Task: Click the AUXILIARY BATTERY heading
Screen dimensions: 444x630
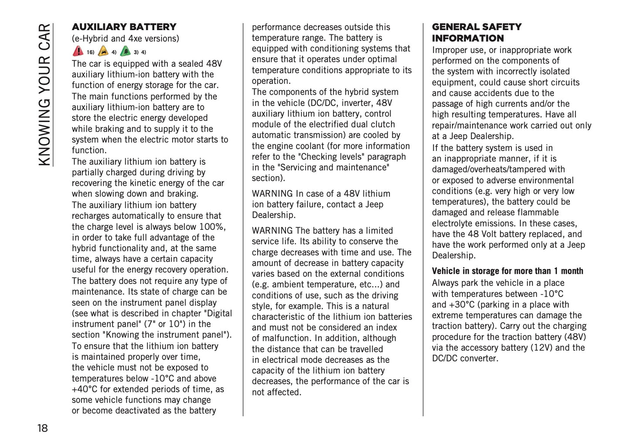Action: (x=124, y=27)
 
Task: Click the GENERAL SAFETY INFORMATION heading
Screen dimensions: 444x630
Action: (x=476, y=33)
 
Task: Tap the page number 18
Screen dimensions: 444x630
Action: (x=42, y=428)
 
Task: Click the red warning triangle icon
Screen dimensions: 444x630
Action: (x=78, y=51)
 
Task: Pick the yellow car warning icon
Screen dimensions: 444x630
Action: (x=103, y=51)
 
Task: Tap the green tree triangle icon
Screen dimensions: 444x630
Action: (x=125, y=51)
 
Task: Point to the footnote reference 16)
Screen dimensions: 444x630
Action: (x=90, y=53)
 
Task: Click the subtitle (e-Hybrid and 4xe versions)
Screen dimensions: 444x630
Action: (x=125, y=38)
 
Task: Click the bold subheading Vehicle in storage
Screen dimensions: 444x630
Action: (x=507, y=271)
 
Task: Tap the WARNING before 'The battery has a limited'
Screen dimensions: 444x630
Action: (x=272, y=231)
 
